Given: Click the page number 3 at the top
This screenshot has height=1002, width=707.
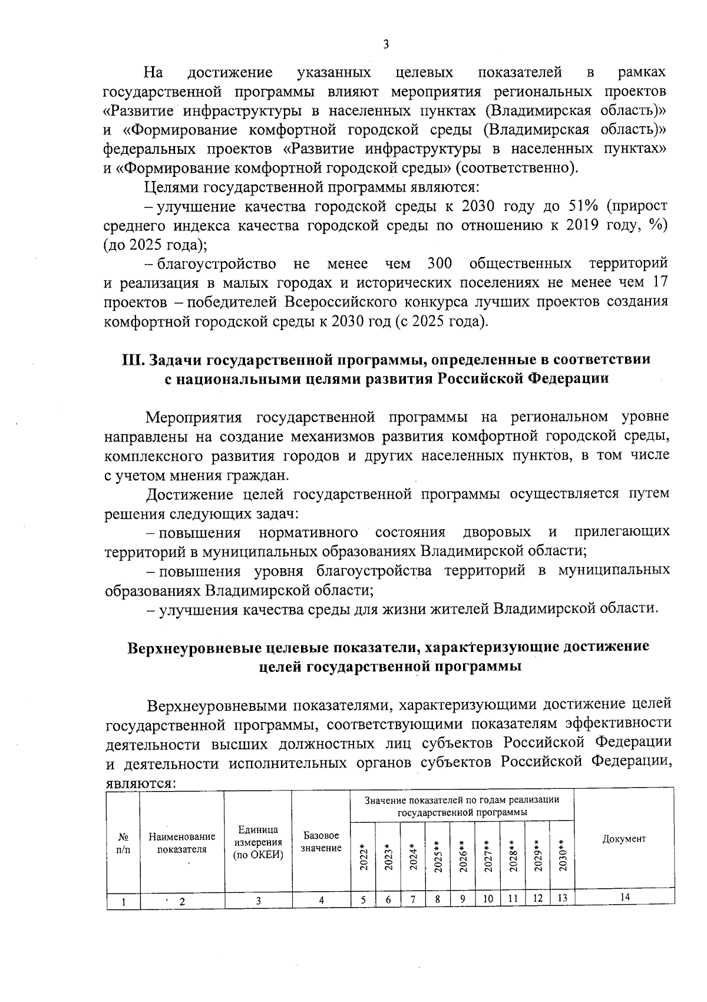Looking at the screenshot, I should point(386,44).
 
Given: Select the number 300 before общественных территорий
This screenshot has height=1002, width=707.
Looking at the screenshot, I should point(440,263).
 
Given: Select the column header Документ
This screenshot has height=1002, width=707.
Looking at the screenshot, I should point(624,839).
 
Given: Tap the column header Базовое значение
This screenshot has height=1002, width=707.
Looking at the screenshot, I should point(321,842).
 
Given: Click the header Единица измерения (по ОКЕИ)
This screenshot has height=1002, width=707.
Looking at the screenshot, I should point(259,842).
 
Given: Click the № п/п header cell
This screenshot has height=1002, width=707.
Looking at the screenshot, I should point(124,842).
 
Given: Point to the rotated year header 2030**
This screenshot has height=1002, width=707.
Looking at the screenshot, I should point(562,855).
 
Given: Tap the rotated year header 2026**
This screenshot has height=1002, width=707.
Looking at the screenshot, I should point(463,856).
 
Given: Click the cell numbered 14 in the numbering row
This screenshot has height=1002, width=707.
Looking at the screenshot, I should point(625,896).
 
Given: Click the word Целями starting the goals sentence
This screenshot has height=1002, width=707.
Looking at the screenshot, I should point(171,187).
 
